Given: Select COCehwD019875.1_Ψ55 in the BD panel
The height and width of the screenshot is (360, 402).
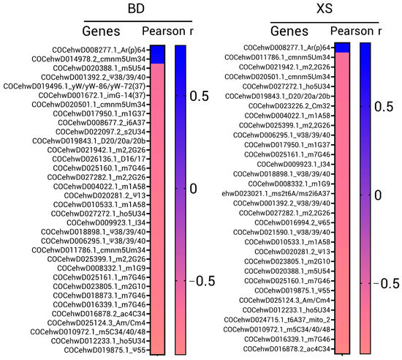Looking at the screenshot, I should coord(93,350).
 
